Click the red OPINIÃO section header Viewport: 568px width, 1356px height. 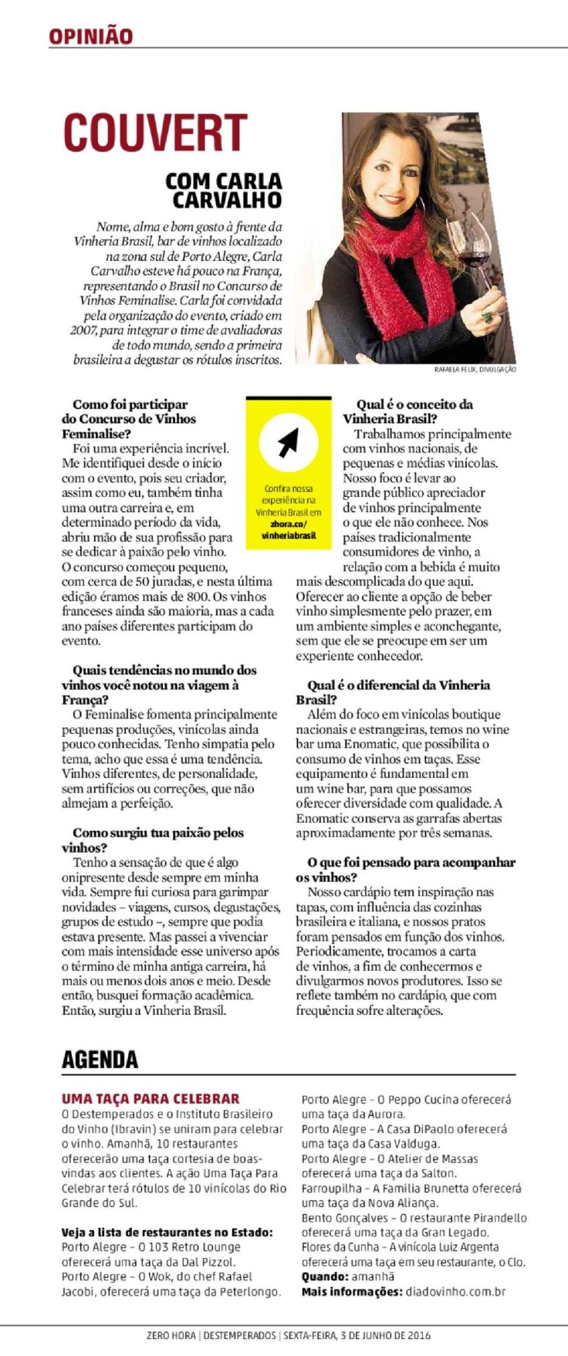click(x=90, y=36)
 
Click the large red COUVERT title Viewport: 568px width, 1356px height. click(x=154, y=132)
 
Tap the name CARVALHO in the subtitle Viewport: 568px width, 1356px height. click(x=227, y=201)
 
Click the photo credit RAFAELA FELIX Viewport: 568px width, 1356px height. click(x=455, y=370)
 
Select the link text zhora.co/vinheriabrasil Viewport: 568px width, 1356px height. click(x=289, y=530)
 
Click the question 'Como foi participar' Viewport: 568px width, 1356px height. click(x=130, y=404)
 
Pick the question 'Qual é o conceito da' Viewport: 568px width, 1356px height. click(x=414, y=404)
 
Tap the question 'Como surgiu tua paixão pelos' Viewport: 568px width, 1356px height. click(x=157, y=833)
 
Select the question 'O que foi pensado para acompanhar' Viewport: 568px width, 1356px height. click(x=411, y=863)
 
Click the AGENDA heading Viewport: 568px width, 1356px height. click(x=100, y=1060)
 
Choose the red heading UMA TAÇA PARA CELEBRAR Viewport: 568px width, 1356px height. click(x=150, y=1098)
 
